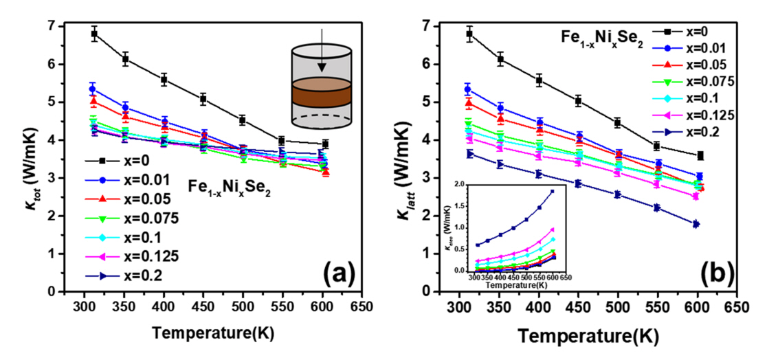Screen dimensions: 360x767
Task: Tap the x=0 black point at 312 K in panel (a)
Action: tap(94, 33)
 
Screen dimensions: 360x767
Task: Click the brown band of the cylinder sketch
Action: tap(322, 93)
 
